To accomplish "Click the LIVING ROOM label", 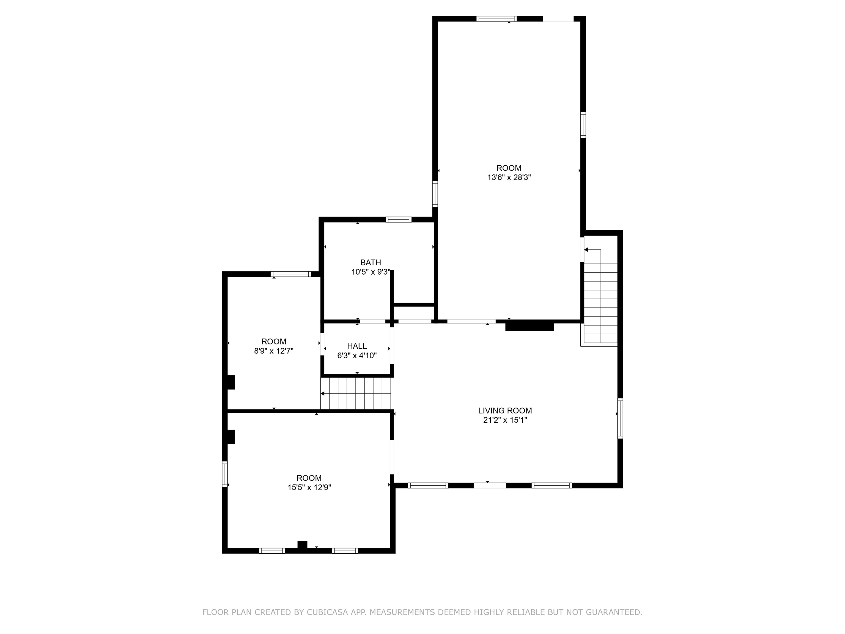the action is pyautogui.click(x=505, y=411).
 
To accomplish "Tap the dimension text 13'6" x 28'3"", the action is pyautogui.click(x=509, y=177).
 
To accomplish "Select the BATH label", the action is pyautogui.click(x=371, y=263).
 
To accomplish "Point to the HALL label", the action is pyautogui.click(x=357, y=346).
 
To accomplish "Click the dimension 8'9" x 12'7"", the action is pyautogui.click(x=273, y=351).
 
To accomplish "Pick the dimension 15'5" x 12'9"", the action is pyautogui.click(x=309, y=487).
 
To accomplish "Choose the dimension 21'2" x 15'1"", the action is pyautogui.click(x=505, y=420).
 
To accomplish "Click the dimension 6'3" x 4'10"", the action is pyautogui.click(x=357, y=356).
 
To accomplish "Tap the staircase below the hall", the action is pyautogui.click(x=356, y=393).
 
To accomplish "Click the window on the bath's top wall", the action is pyautogui.click(x=399, y=219).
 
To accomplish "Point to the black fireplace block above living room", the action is pyautogui.click(x=530, y=326).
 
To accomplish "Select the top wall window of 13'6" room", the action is pyautogui.click(x=496, y=19).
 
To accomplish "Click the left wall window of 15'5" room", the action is pyautogui.click(x=225, y=474).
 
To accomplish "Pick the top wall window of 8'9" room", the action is pyautogui.click(x=291, y=274).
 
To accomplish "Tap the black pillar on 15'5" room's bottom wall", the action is pyautogui.click(x=302, y=545).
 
